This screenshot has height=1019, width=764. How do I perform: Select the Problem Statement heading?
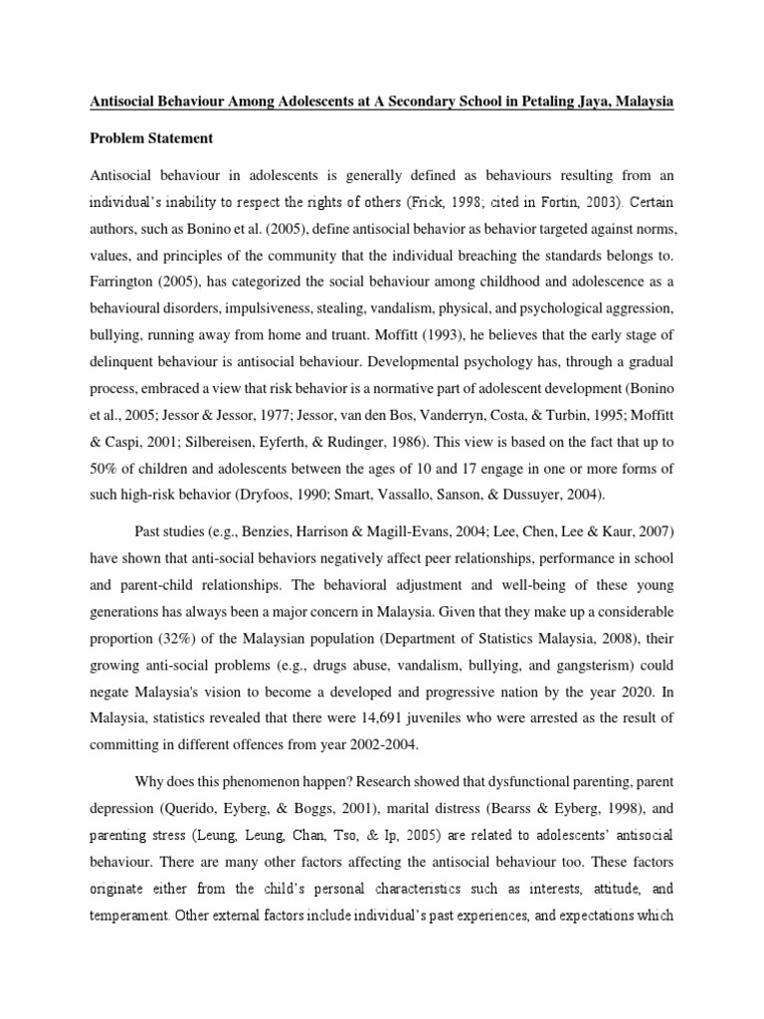point(161,137)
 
